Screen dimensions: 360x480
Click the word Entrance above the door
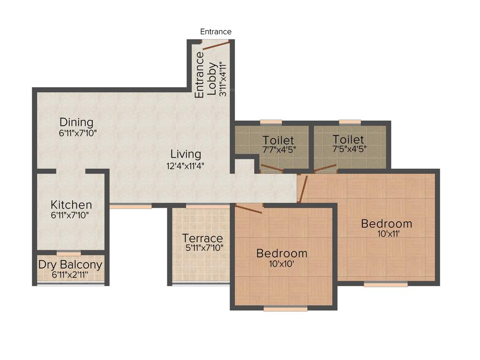(216, 32)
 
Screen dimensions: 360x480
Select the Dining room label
(76, 122)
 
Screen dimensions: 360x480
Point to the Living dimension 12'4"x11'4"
(186, 165)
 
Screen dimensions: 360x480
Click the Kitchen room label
(71, 205)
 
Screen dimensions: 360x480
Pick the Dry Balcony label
(70, 264)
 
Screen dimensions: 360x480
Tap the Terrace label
(202, 238)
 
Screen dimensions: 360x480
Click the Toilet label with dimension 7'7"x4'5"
(278, 140)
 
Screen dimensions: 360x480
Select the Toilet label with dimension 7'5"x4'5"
(348, 139)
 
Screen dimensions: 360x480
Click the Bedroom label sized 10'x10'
(282, 254)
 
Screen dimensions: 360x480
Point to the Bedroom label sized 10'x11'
(386, 224)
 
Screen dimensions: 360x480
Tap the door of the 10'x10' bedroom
(248, 209)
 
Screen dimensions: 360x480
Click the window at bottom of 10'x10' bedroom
(285, 308)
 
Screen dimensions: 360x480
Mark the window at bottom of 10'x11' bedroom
(385, 284)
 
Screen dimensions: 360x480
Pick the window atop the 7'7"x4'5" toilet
(270, 122)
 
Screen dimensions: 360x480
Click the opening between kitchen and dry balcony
(68, 253)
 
